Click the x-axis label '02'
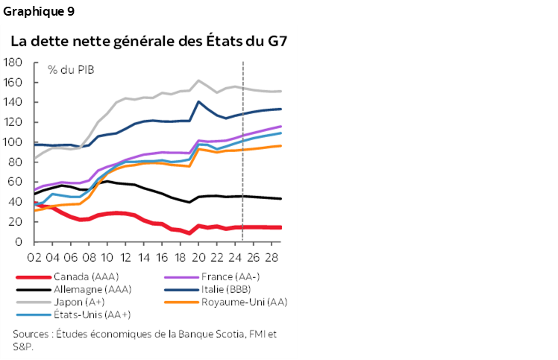[34, 257]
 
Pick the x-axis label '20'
[198, 257]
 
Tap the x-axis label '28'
[271, 257]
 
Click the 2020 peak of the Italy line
[198, 101]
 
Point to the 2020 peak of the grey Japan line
[198, 80]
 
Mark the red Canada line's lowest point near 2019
[189, 233]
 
